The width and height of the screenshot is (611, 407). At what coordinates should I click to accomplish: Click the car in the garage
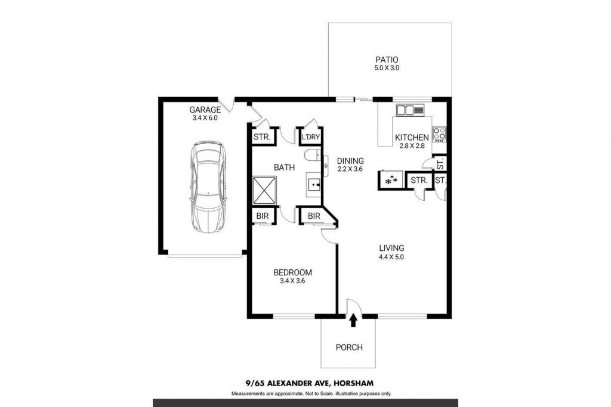point(207,187)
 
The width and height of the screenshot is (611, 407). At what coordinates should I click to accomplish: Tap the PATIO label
point(387,60)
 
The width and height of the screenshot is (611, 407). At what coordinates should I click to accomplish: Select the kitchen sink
point(410,110)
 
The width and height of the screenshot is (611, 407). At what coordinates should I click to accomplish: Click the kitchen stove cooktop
point(440,134)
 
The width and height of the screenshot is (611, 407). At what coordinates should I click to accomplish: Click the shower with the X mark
point(264,190)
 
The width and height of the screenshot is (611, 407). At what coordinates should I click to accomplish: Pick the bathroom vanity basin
point(313,185)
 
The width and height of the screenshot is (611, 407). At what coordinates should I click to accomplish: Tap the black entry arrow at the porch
point(353,321)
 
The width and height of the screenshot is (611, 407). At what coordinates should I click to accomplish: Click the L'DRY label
point(310,137)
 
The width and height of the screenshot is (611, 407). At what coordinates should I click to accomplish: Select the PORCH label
point(349,347)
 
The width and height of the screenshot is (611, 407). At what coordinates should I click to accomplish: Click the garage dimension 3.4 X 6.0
point(205,118)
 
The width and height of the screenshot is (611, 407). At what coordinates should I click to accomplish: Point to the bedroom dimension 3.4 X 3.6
point(292,281)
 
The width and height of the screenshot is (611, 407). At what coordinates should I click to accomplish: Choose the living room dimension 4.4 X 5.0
point(391,257)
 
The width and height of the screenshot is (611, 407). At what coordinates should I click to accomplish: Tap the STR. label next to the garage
point(262,137)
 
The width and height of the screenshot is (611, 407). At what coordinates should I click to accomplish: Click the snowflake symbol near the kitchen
point(391,180)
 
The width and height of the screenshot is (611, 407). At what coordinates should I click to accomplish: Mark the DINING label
point(350,161)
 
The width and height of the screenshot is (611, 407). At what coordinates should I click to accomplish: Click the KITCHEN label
point(412,137)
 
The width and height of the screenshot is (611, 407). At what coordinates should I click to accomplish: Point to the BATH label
point(284,167)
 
